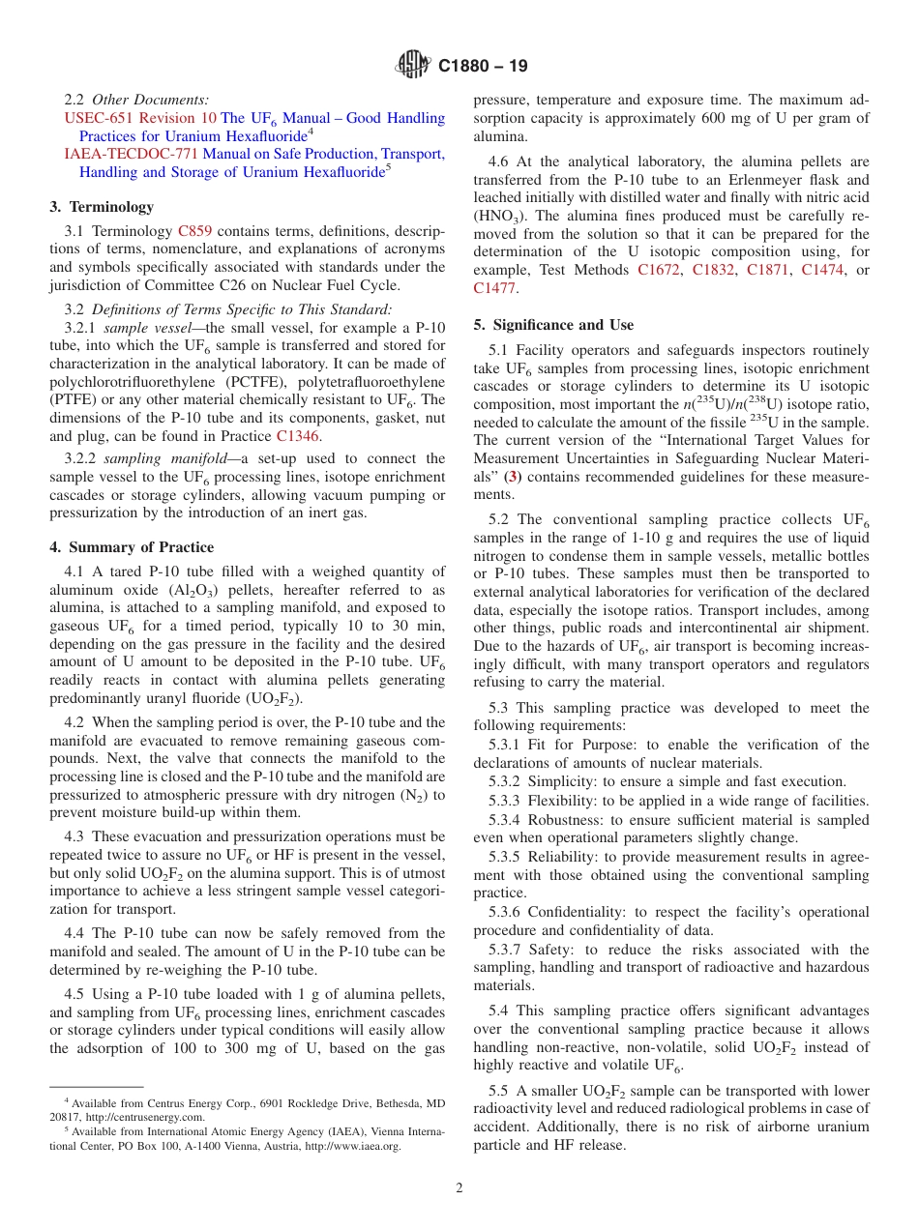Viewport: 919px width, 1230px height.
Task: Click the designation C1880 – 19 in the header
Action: [483, 67]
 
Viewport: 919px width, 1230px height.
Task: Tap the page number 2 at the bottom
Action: [459, 1188]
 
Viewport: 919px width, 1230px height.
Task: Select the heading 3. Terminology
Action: [102, 206]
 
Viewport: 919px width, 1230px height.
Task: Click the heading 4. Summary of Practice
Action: [132, 547]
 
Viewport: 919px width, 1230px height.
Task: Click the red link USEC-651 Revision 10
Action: [140, 118]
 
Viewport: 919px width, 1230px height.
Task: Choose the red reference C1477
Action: [494, 287]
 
